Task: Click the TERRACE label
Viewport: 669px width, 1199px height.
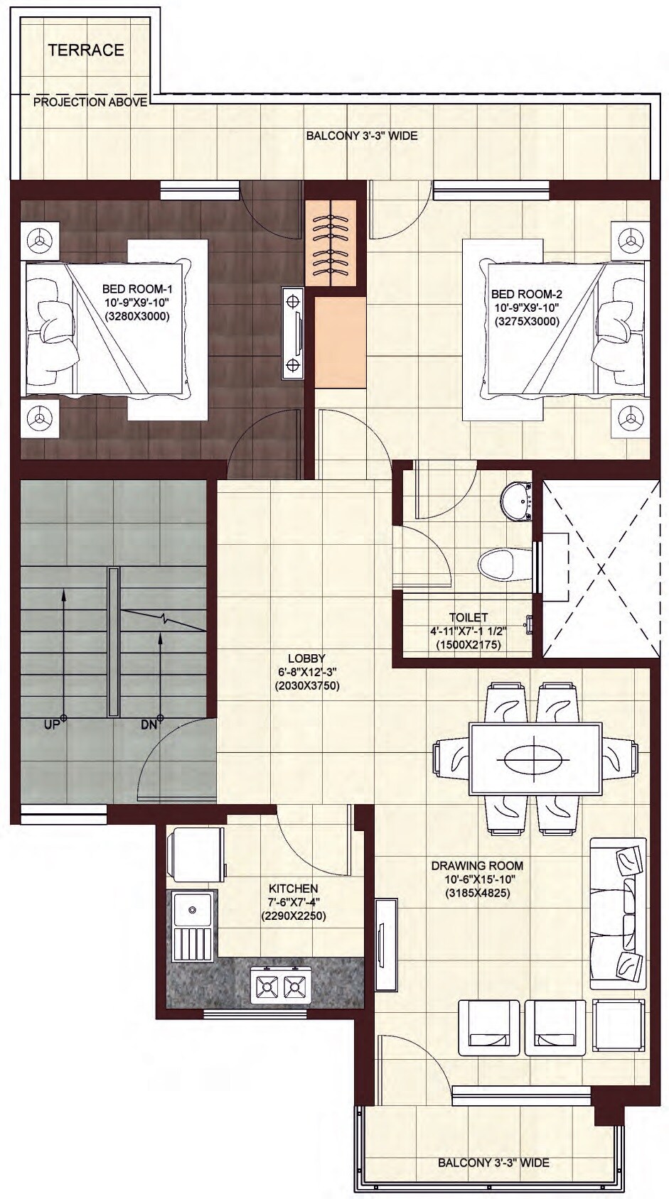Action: tap(86, 50)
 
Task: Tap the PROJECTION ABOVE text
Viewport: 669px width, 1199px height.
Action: tap(90, 102)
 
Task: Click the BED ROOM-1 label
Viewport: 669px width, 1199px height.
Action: tap(137, 289)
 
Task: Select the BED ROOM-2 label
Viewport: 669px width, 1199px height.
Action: tap(527, 294)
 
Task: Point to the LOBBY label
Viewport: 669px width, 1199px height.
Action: tap(306, 658)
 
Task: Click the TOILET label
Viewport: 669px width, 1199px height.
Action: tap(469, 617)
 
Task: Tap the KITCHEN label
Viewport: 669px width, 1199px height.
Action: tap(293, 889)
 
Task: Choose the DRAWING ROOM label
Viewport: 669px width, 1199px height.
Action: tap(477, 866)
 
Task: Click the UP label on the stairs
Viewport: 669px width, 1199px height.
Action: tap(51, 725)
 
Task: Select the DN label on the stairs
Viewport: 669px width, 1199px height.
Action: tap(148, 725)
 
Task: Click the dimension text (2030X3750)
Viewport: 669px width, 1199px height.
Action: tap(306, 686)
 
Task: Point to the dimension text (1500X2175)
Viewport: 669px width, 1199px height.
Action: tap(469, 645)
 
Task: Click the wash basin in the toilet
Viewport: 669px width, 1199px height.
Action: tap(517, 500)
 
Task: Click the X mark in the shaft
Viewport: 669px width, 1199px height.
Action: tap(601, 569)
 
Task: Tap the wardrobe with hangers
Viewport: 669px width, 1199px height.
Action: tap(331, 242)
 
